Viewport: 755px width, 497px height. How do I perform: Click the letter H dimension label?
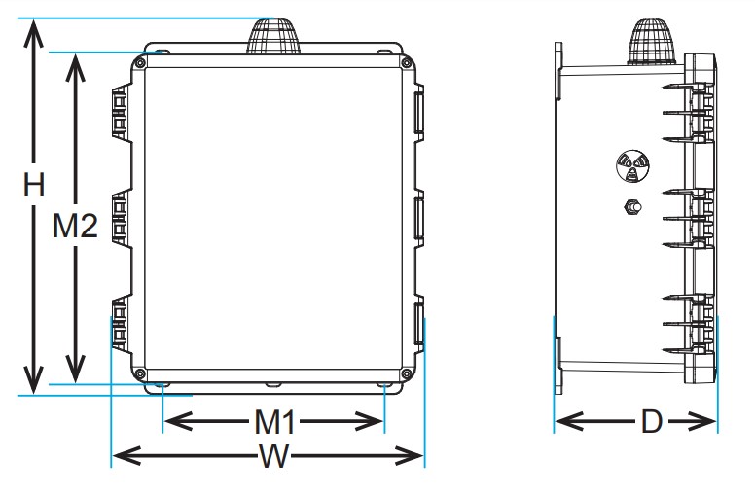point(34,186)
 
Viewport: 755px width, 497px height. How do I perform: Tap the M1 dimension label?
point(274,422)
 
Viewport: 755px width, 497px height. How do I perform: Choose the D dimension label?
point(651,422)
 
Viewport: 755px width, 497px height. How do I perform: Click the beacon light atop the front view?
point(272,36)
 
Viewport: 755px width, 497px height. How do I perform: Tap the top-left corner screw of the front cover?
point(142,62)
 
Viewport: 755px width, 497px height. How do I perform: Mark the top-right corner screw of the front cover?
point(402,62)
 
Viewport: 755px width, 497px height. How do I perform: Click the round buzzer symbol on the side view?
point(631,166)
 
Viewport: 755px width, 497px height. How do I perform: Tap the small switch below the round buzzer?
point(631,208)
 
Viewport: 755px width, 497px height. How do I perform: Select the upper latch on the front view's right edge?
point(419,111)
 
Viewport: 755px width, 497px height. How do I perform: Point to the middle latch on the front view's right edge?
point(419,220)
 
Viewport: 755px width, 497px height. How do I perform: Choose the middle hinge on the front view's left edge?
point(121,219)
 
